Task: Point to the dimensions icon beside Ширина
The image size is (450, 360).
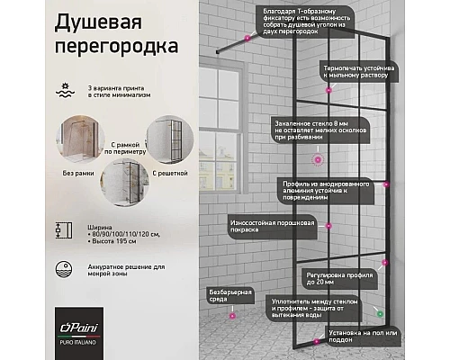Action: [x=60, y=230]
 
